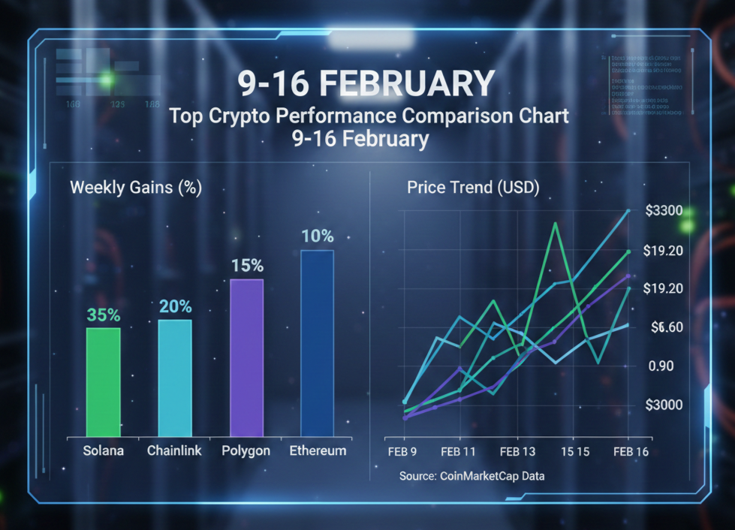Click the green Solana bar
tap(103, 381)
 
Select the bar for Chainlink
tap(175, 378)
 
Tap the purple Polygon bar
tap(247, 357)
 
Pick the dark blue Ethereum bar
tap(317, 342)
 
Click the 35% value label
tap(104, 315)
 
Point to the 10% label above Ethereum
tap(318, 236)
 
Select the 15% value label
tap(247, 266)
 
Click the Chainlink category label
tap(175, 451)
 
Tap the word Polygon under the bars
tap(246, 451)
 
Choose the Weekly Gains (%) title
tap(136, 188)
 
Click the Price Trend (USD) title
tap(473, 188)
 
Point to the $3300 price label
tap(664, 210)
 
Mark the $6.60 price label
tap(664, 327)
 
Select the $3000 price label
tap(664, 405)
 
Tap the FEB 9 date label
tap(402, 452)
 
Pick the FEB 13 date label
tap(517, 452)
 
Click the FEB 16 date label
tap(631, 452)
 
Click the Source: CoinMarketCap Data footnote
tap(472, 476)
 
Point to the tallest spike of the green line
tap(555, 224)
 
